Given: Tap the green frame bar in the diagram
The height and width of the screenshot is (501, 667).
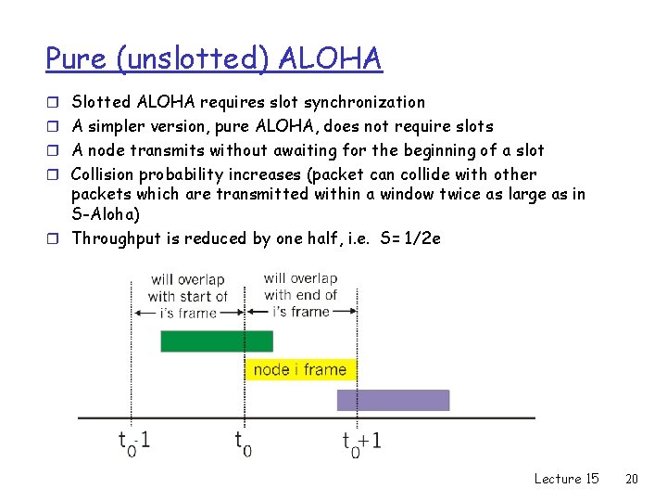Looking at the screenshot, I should click(x=217, y=341).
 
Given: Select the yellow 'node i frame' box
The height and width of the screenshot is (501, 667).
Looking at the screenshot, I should click(x=300, y=369).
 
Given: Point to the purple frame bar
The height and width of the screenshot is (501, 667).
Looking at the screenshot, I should click(x=393, y=400).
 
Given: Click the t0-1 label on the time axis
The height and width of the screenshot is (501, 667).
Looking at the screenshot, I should click(x=135, y=442).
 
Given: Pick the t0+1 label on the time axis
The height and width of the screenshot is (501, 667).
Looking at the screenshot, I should click(x=360, y=442).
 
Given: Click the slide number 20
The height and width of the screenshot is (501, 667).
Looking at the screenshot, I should click(x=632, y=479).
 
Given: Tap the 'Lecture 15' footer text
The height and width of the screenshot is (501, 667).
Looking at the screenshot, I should click(x=566, y=479).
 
